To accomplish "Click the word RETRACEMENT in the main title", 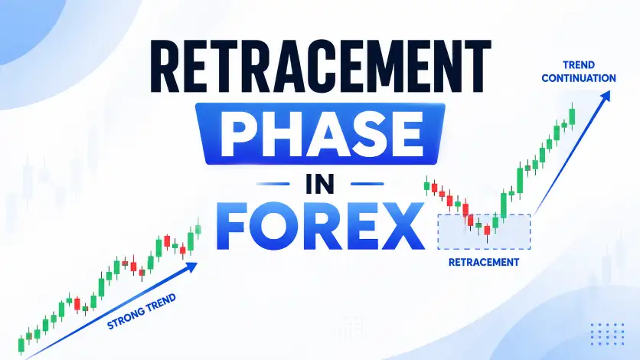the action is [x=321, y=67].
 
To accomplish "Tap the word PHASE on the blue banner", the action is [x=322, y=134].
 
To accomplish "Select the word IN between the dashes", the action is [x=320, y=184].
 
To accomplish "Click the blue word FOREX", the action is [x=321, y=226].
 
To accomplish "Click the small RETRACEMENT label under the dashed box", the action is [x=484, y=262].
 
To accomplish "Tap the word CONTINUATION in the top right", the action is [x=578, y=78].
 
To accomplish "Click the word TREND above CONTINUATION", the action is [x=579, y=65].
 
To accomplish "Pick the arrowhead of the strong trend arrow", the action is [x=191, y=267].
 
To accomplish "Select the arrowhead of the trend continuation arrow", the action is [x=606, y=97].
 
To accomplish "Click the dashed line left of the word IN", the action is [x=273, y=184].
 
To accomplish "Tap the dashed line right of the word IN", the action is [x=367, y=184].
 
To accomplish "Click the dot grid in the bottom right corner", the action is [x=607, y=334].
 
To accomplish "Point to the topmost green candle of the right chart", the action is [x=572, y=116].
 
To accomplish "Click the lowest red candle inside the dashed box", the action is [x=487, y=231].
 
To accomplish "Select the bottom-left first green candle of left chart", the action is [x=21, y=345].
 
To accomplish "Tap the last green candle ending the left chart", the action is [x=198, y=229].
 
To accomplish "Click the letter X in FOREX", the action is [x=400, y=226].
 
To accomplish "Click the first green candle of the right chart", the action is [x=427, y=185].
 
